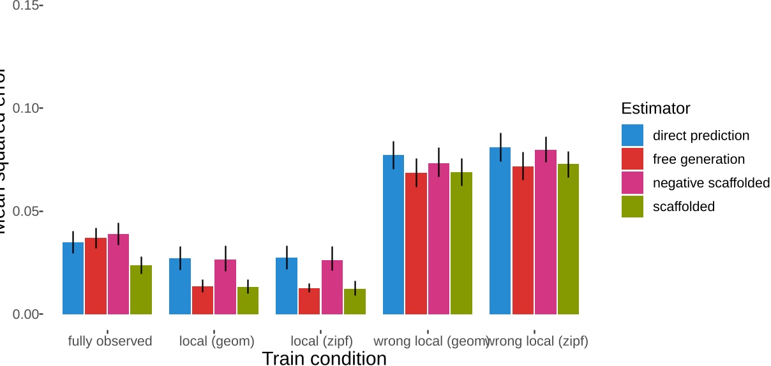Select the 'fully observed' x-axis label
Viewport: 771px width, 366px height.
click(110, 341)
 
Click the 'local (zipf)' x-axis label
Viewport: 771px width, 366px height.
click(322, 341)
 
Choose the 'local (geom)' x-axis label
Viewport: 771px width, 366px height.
click(217, 341)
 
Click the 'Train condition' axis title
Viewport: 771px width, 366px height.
click(324, 358)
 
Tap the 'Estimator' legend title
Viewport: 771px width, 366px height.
click(655, 108)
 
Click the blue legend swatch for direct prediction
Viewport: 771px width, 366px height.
click(633, 135)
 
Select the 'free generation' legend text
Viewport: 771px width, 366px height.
click(699, 159)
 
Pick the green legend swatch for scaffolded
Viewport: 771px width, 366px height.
click(633, 207)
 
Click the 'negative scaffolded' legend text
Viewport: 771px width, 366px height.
click(711, 183)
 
